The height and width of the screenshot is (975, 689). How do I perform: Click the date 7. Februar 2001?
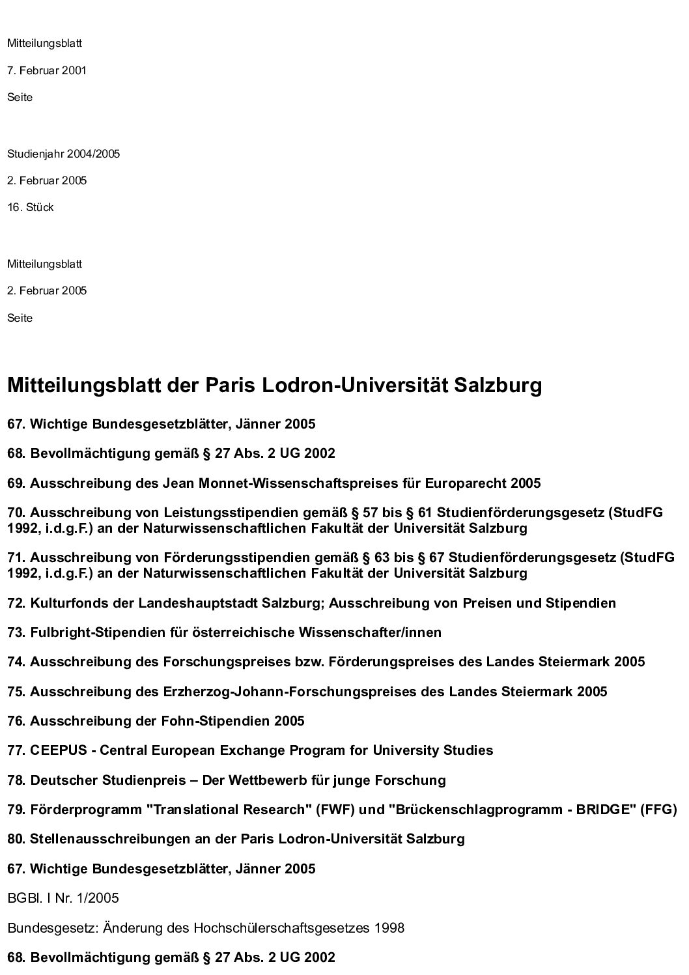click(x=47, y=70)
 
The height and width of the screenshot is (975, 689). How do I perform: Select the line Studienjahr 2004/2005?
click(x=63, y=154)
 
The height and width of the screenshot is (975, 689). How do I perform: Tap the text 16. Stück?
click(x=31, y=208)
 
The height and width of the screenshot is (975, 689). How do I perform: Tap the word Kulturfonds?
click(x=70, y=603)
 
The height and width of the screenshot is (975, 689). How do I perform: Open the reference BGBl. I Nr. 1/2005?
click(x=63, y=899)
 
